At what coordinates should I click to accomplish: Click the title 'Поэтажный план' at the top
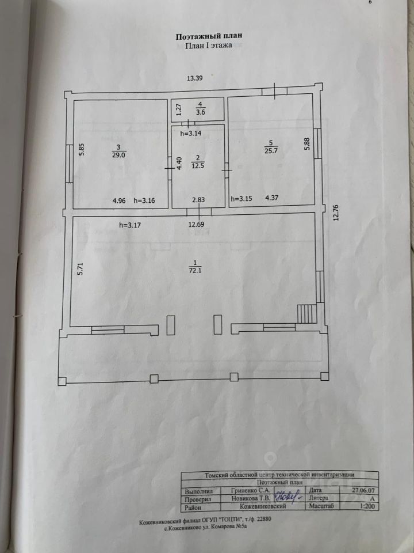(x=209, y=36)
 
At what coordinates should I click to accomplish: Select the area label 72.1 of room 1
(x=194, y=270)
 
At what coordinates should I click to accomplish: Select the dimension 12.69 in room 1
(x=195, y=225)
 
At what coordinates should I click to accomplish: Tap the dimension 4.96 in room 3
(x=120, y=201)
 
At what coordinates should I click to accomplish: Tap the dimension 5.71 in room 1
(x=80, y=270)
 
